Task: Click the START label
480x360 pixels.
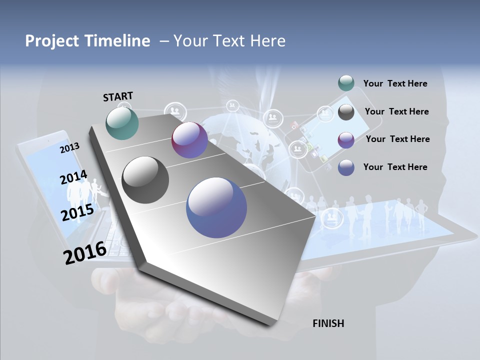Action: [x=118, y=96]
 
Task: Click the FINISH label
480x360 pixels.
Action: [x=328, y=323]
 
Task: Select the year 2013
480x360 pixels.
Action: [x=70, y=148]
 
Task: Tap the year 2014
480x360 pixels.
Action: [x=73, y=177]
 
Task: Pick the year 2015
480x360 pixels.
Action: [x=77, y=212]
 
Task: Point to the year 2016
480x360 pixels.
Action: [x=85, y=253]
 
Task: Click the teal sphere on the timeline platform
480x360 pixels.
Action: [x=122, y=123]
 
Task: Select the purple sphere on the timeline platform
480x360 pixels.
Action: [x=189, y=140]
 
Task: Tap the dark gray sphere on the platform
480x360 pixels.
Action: [x=145, y=180]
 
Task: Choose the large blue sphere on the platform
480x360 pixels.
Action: [x=216, y=207]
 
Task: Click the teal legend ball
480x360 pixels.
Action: [x=346, y=83]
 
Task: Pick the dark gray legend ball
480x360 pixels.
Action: [x=346, y=112]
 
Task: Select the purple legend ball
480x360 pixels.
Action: [x=346, y=139]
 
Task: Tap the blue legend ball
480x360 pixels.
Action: [x=346, y=167]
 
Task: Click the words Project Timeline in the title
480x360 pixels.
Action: [x=87, y=41]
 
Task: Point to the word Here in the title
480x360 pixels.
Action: [x=266, y=41]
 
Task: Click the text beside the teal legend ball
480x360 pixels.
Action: [x=395, y=83]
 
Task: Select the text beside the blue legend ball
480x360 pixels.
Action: [x=395, y=167]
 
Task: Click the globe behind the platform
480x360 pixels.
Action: [x=240, y=137]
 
